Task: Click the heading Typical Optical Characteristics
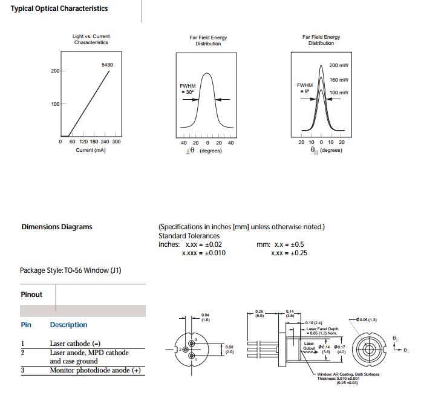[x=59, y=8]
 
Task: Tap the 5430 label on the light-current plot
[x=107, y=65]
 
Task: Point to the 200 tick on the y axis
[x=55, y=71]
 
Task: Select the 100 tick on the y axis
[x=55, y=105]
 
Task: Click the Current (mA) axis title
[x=91, y=150]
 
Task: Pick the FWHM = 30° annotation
[x=187, y=89]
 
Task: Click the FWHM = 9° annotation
[x=304, y=88]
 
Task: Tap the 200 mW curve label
[x=339, y=65]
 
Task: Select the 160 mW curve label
[x=339, y=80]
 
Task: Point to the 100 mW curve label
[x=339, y=93]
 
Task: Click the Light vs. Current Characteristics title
[x=91, y=39]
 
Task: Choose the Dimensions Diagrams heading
[x=57, y=227]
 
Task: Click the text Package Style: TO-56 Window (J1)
[x=71, y=270]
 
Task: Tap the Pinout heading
[x=31, y=295]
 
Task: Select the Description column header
[x=68, y=325]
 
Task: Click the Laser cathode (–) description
[x=75, y=344]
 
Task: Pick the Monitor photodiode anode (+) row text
[x=95, y=370]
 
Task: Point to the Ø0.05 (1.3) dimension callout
[x=367, y=319]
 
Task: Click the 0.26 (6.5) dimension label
[x=259, y=313]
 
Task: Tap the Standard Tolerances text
[x=189, y=235]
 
